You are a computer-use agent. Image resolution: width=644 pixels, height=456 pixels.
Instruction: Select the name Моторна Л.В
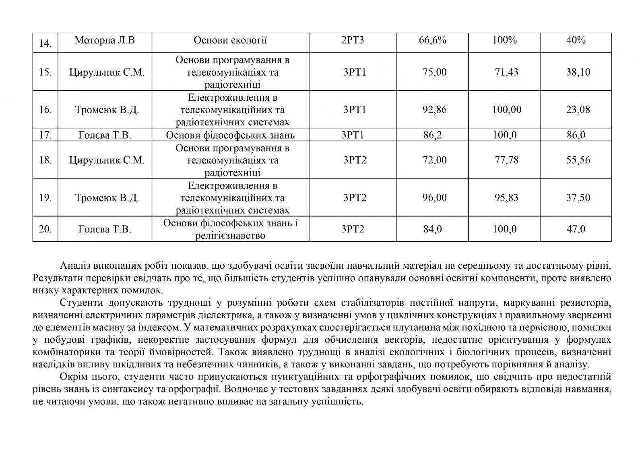tap(105, 40)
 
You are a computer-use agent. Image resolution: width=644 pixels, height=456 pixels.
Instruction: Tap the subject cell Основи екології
tap(230, 40)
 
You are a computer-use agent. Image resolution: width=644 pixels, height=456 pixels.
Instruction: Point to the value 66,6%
tap(432, 40)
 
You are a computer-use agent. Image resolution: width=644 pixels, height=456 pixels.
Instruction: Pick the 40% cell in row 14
tap(576, 40)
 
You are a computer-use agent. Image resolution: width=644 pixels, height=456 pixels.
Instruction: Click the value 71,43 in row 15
tap(506, 72)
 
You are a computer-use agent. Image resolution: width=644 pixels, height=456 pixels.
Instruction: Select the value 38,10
tap(578, 72)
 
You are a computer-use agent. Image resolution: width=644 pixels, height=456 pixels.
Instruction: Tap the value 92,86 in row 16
tap(435, 110)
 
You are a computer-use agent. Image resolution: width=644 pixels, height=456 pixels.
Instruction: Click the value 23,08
tap(578, 110)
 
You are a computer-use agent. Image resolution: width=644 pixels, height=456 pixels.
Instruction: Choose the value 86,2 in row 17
tap(432, 135)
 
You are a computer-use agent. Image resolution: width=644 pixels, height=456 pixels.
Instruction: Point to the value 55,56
tap(578, 160)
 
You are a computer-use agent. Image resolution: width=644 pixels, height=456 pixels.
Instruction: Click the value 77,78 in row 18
tap(506, 160)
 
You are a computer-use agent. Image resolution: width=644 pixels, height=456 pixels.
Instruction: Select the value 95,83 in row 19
tap(506, 198)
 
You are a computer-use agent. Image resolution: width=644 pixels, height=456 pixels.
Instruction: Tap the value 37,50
tap(578, 198)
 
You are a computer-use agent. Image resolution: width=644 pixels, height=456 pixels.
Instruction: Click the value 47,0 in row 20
tap(576, 229)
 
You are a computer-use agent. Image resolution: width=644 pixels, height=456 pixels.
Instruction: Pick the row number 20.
tap(45, 229)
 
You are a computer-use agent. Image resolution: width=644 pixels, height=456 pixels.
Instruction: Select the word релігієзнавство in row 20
tap(230, 236)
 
